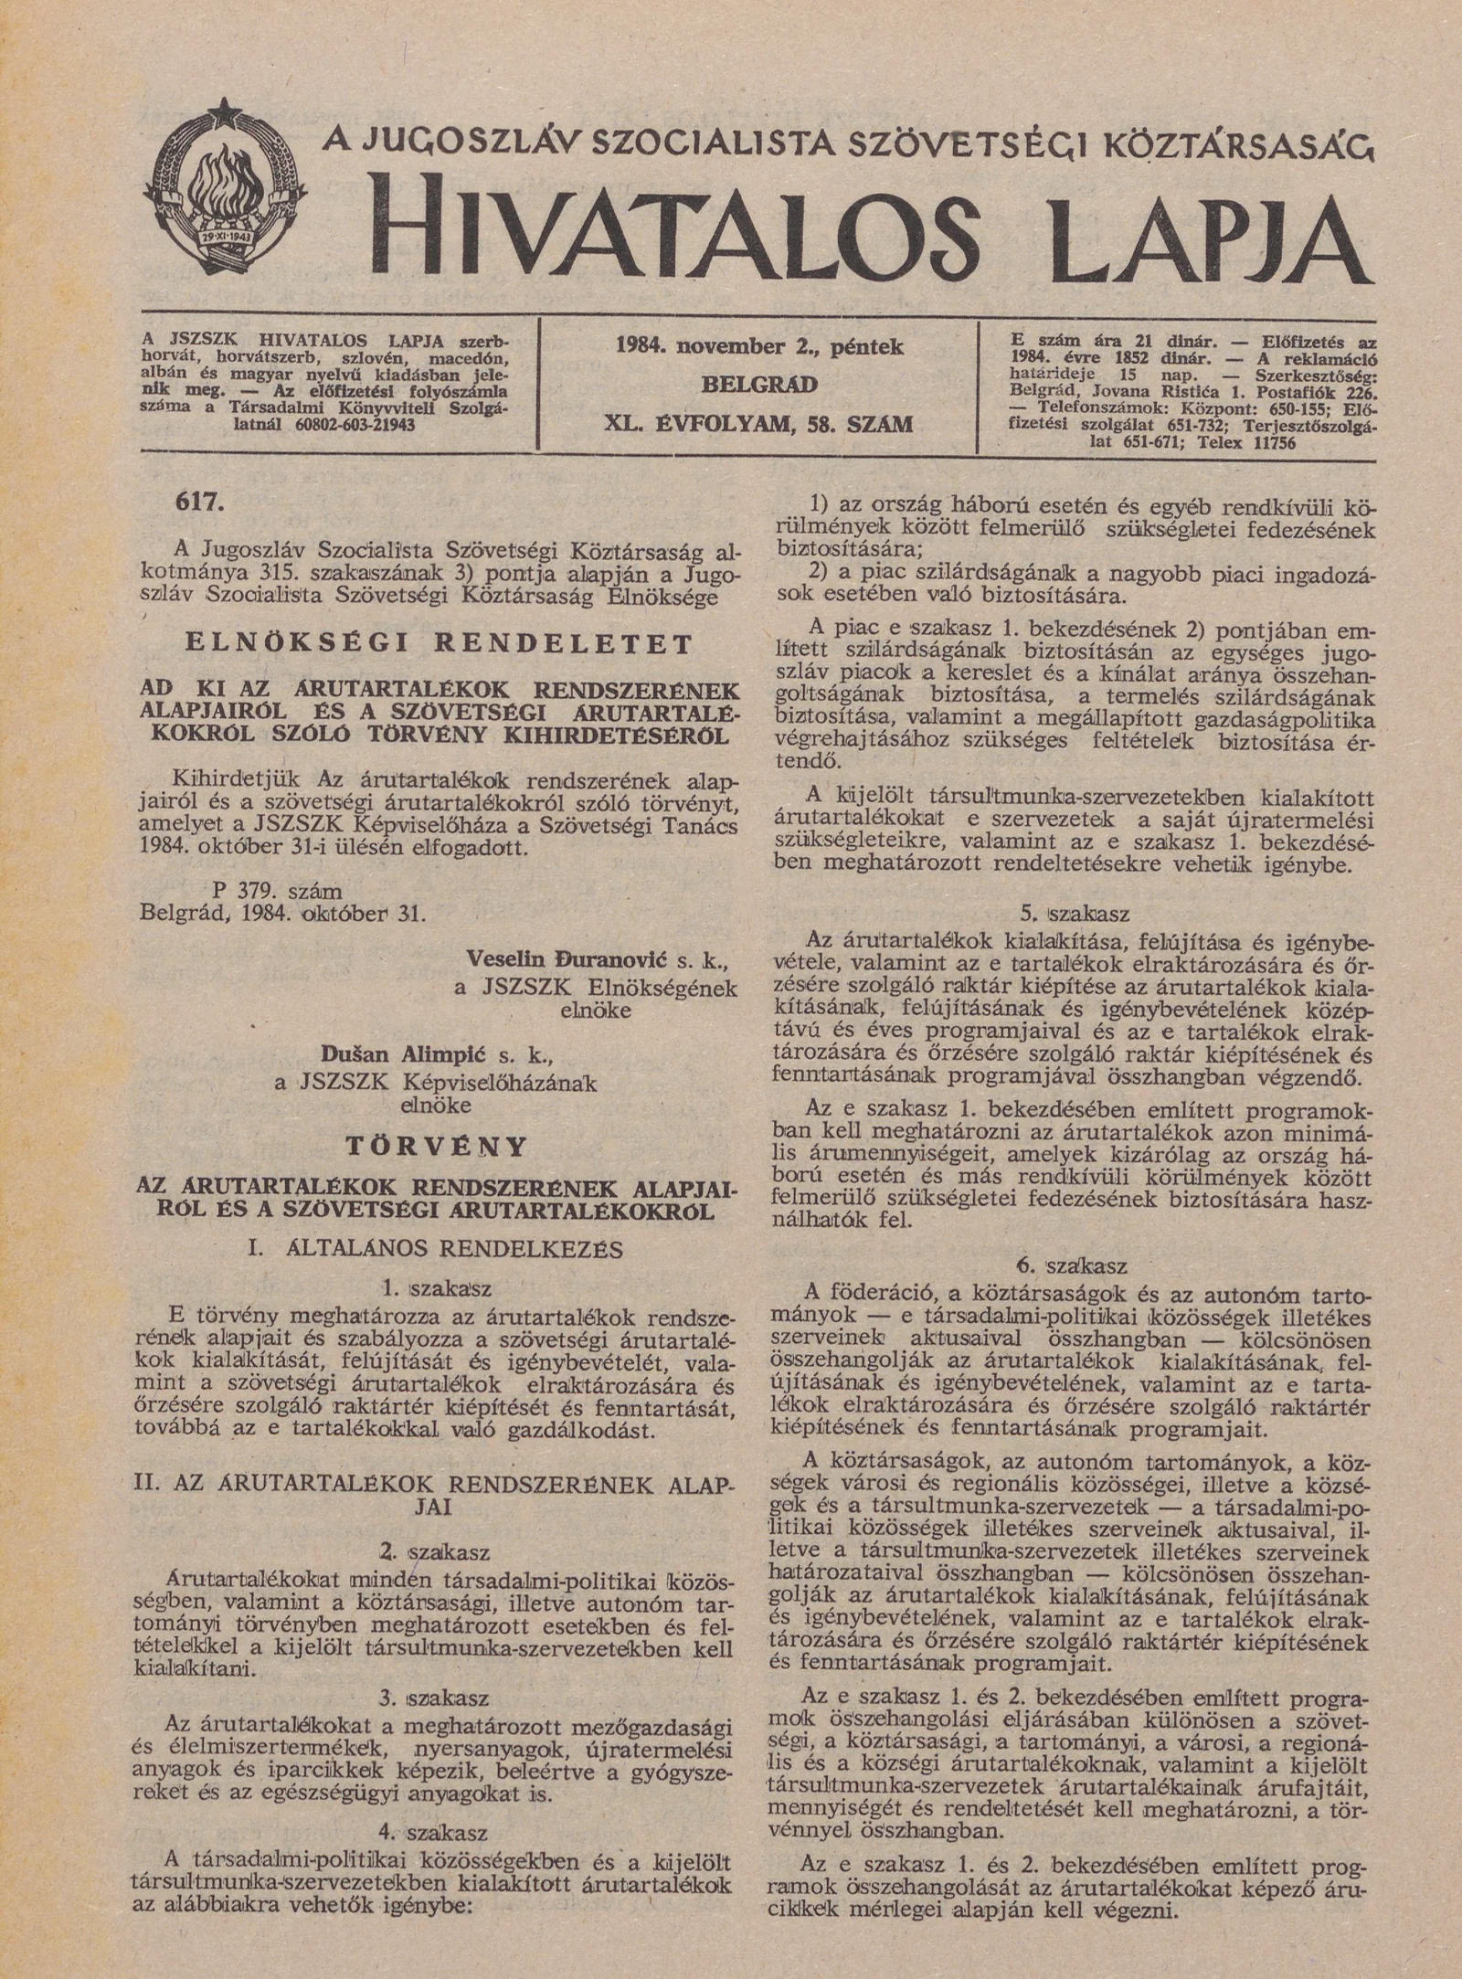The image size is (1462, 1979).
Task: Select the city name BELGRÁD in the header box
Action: [758, 385]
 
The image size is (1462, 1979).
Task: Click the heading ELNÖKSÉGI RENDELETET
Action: [439, 644]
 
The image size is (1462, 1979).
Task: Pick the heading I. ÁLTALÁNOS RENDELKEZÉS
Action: [435, 1249]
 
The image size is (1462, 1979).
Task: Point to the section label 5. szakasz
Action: [1074, 914]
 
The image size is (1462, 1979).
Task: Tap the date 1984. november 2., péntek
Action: [758, 347]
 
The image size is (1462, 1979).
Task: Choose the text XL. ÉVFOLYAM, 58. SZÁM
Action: [758, 424]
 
